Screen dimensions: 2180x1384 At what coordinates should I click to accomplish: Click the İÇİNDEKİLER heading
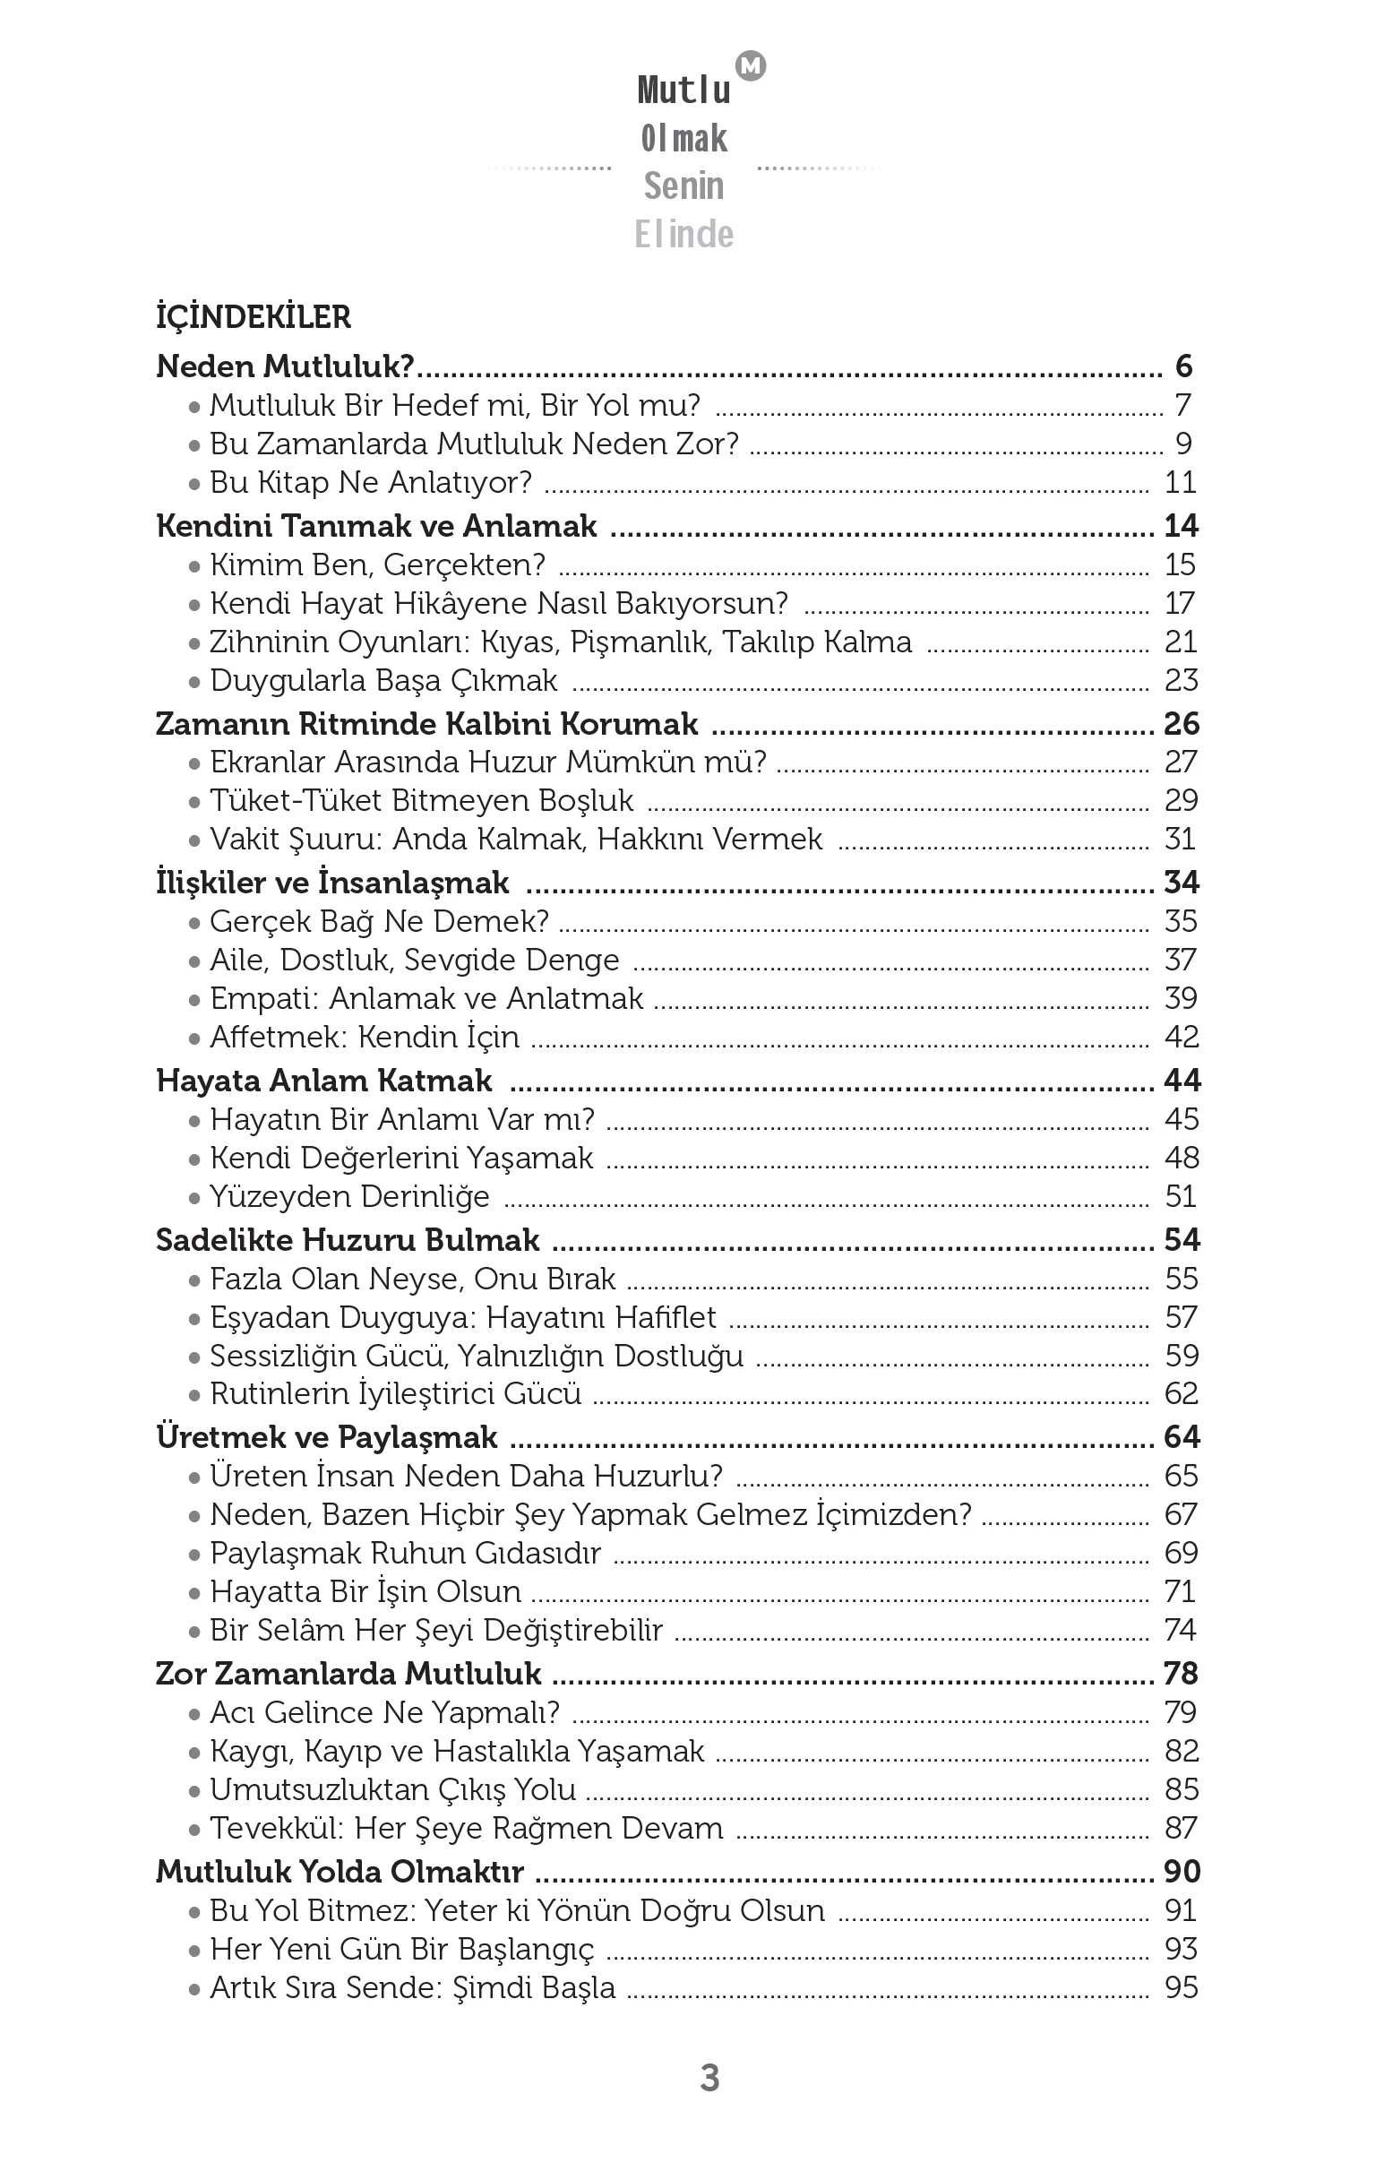pos(254,317)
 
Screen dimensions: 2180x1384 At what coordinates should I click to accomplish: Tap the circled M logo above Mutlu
pos(752,65)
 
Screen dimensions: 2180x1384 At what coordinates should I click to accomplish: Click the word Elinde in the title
pos(684,235)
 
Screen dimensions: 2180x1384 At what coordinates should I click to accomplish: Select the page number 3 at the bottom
pos(709,2077)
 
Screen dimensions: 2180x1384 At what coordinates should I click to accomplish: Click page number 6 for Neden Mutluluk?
pos(1183,366)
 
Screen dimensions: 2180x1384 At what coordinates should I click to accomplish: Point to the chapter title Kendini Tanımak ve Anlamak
pos(376,526)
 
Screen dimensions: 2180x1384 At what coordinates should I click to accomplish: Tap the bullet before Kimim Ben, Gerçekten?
pos(193,566)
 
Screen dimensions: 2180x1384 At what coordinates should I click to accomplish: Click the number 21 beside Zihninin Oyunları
pos(1181,642)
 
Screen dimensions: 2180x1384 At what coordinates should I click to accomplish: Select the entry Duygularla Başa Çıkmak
pos(383,681)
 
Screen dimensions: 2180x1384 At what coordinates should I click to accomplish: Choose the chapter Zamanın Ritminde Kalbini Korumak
pos(426,724)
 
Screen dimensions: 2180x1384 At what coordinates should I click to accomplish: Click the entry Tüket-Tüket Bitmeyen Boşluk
pos(422,801)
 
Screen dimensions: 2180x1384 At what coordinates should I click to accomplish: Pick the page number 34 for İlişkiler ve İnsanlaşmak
pos(1182,883)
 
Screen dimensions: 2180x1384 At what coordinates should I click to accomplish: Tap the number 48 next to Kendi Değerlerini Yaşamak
pos(1182,1158)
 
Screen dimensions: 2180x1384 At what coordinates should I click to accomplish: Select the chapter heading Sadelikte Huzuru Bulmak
pos(348,1240)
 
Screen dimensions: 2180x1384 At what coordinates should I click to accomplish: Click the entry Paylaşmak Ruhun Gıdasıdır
pos(406,1554)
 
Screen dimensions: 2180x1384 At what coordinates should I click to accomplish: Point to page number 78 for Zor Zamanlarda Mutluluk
pos(1182,1674)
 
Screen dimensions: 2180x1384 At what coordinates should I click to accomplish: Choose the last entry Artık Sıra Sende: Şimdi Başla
pos(413,1988)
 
